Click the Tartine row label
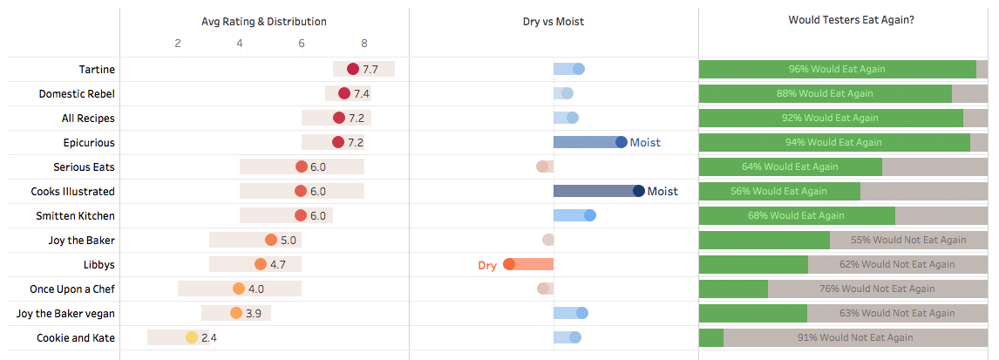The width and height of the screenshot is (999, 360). (x=96, y=69)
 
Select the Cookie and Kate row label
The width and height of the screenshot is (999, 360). (x=76, y=337)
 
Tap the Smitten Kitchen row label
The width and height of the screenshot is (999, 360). (x=75, y=215)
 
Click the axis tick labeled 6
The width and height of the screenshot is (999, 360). (x=302, y=43)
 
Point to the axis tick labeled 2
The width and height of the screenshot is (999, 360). (x=178, y=43)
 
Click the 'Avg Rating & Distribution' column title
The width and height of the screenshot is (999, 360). (x=264, y=21)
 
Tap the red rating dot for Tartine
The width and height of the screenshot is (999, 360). (x=352, y=69)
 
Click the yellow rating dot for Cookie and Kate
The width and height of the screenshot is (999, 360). (x=191, y=337)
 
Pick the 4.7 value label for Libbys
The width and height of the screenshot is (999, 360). (x=278, y=264)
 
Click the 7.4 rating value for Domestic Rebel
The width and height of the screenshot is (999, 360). (x=362, y=93)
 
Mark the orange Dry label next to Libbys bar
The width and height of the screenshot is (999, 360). (x=487, y=265)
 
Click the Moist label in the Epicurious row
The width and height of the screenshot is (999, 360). (x=645, y=142)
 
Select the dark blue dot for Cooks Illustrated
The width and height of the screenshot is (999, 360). (x=638, y=191)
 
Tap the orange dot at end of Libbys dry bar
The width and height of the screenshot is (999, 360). (x=509, y=264)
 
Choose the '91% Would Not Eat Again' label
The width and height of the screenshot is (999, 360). (x=855, y=337)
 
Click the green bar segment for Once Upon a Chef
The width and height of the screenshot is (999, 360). (x=733, y=289)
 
